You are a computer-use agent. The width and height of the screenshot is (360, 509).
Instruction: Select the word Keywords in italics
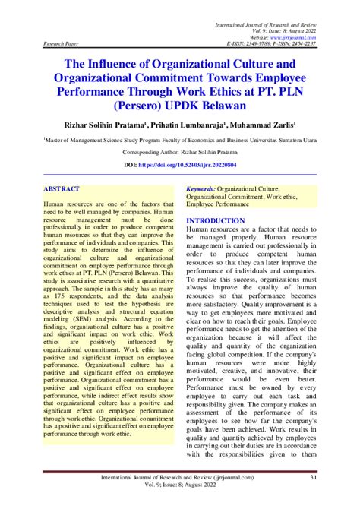pyautogui.click(x=201, y=187)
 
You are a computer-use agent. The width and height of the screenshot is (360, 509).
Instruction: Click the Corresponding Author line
pyautogui.click(x=179, y=152)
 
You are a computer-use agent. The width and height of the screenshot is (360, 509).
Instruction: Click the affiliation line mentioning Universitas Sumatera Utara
pyautogui.click(x=179, y=140)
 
